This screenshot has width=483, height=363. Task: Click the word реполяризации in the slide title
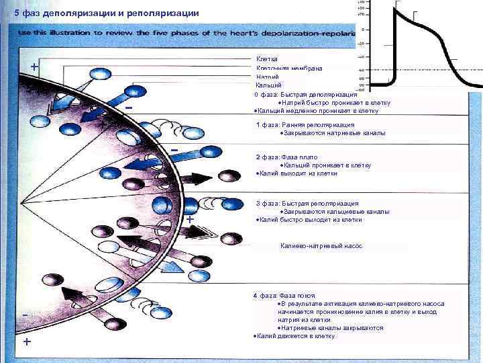[160, 13]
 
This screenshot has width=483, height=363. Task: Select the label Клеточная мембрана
[288, 68]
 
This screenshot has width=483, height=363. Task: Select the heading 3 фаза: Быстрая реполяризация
[307, 203]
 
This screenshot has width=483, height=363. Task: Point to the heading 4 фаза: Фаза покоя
[284, 296]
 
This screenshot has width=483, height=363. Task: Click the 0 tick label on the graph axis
[363, 30]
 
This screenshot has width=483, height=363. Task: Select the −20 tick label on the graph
[360, 44]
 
